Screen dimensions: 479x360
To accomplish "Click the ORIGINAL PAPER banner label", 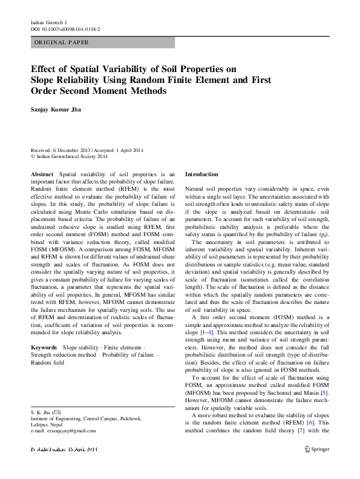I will [62, 42].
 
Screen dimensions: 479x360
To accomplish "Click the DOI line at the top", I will [65, 28].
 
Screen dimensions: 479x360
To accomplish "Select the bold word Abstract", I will [42, 174].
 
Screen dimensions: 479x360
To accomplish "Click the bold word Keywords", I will [44, 348].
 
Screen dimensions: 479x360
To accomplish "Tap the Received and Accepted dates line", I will [87, 151].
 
